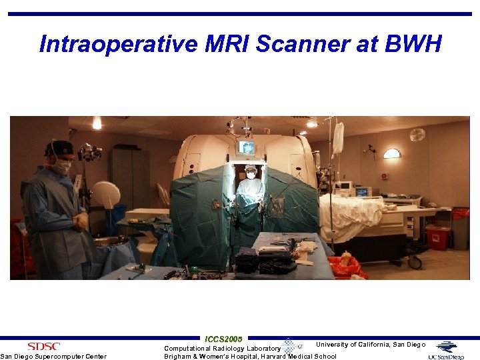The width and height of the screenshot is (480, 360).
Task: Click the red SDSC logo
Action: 43,346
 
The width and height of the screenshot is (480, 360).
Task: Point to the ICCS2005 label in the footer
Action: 224,339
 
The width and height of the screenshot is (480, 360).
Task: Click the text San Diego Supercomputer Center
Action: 53,356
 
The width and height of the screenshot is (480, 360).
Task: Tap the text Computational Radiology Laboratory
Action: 223,348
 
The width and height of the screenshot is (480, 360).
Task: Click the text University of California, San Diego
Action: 371,345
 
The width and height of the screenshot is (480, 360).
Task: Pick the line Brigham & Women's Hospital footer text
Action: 251,356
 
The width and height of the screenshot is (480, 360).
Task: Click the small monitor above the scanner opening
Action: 247,147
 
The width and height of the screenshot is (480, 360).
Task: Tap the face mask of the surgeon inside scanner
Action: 251,175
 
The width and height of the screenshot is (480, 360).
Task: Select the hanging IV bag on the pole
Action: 338,137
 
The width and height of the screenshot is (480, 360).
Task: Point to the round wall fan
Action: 417,135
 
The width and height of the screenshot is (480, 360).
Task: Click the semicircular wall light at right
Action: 392,153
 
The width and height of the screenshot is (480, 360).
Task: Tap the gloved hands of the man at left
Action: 81,221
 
